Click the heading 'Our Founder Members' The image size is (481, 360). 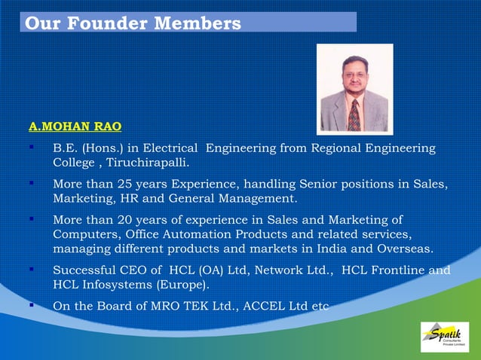click(133, 23)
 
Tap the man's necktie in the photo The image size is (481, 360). click(354, 114)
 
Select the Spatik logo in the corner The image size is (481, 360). click(444, 337)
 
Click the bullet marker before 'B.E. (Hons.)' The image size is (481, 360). click(32, 148)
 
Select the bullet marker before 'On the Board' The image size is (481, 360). click(32, 306)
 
